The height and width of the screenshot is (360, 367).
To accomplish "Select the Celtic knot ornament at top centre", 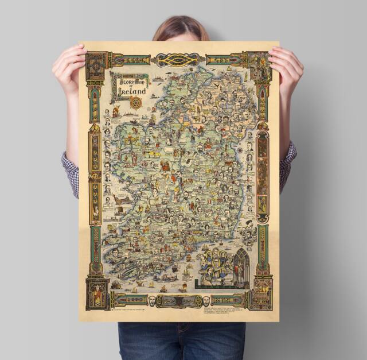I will [x=178, y=59].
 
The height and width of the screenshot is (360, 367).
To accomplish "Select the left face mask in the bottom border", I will [x=151, y=300].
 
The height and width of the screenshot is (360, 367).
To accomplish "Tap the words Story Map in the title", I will [x=127, y=80].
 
